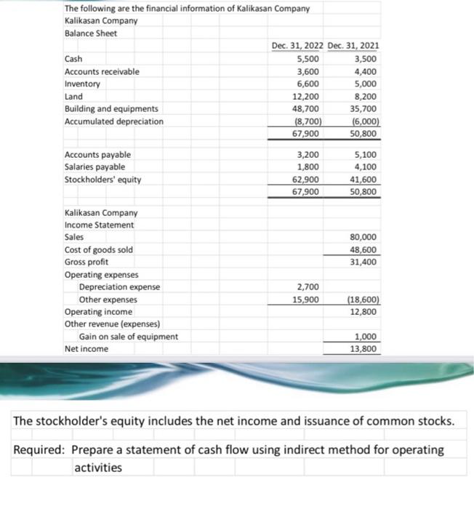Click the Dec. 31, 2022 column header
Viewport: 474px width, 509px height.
(x=297, y=46)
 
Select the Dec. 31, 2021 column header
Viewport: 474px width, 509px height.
(x=353, y=46)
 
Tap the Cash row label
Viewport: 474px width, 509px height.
(x=73, y=59)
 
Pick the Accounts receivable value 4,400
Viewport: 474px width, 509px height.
(x=364, y=71)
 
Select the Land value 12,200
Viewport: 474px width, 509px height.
(x=306, y=96)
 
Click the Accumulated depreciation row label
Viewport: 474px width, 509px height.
(x=114, y=121)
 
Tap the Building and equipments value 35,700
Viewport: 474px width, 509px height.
(x=362, y=108)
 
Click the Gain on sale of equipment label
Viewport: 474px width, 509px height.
(x=128, y=336)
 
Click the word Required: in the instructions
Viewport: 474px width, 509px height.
(x=41, y=449)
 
